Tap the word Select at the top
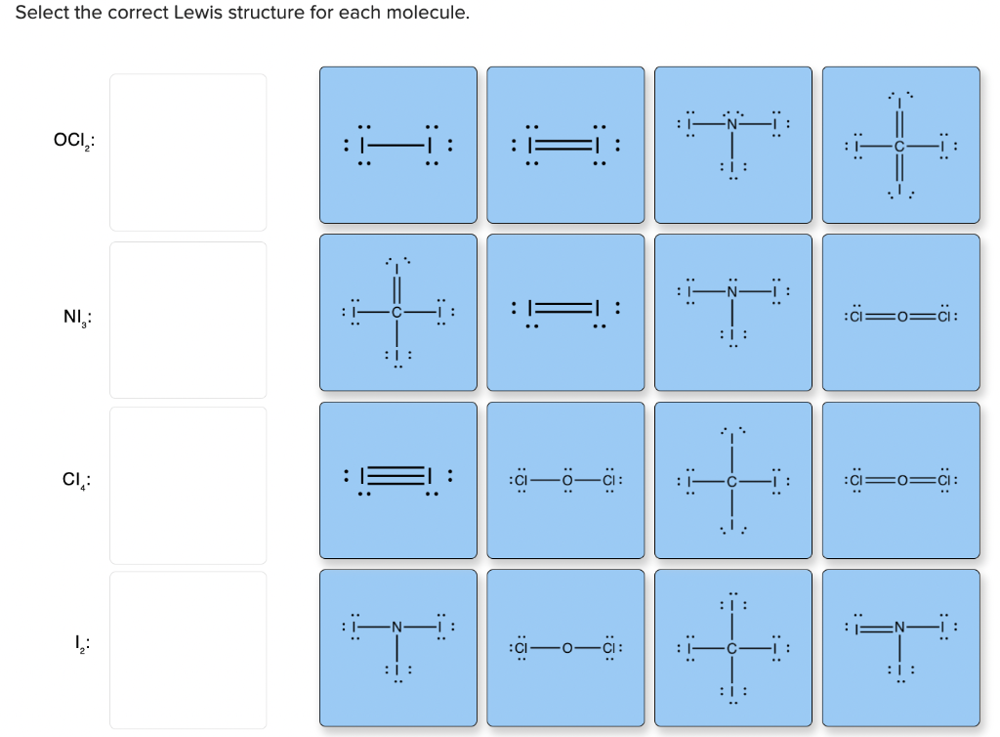pos(40,14)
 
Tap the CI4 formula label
pos(76,481)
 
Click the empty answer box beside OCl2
pos(187,152)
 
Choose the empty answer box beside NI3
pos(187,320)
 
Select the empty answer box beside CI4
pos(187,485)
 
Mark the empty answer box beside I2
pos(187,650)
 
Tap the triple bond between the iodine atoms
pos(398,479)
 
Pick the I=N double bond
pos(876,626)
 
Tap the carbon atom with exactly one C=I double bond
pos(397,313)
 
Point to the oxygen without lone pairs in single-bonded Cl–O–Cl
pos(566,647)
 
